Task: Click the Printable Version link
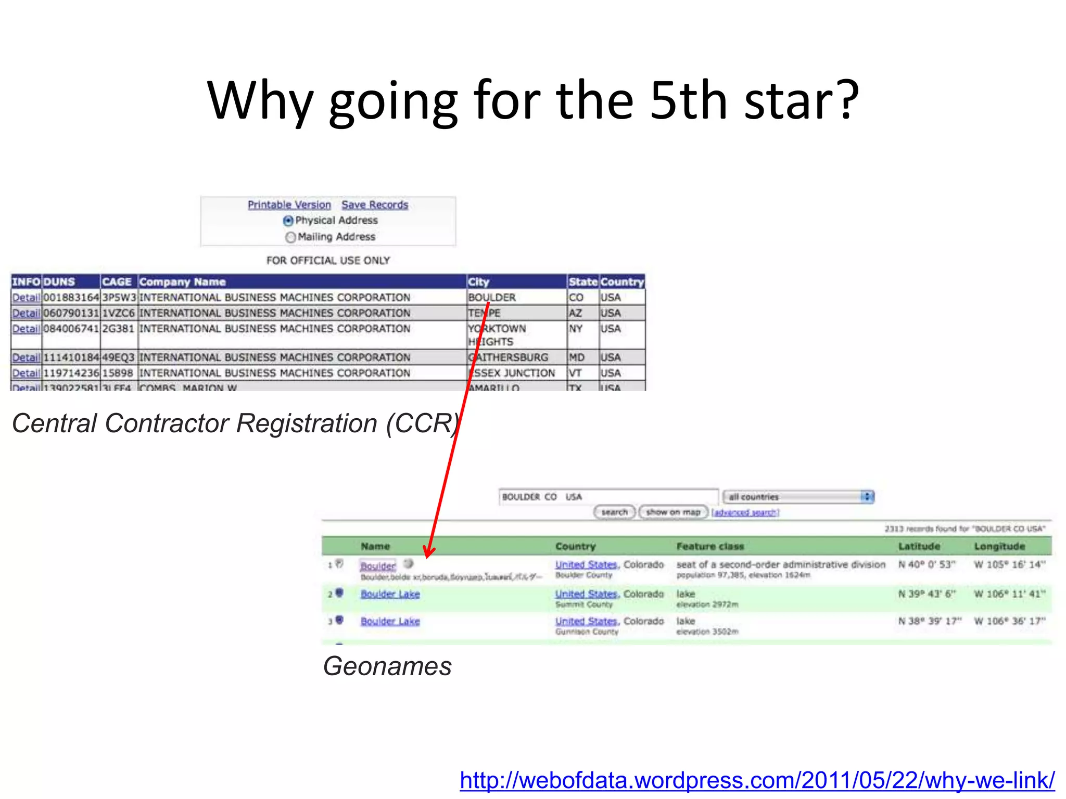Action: (289, 205)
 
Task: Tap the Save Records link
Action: (375, 205)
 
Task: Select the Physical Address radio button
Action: (288, 221)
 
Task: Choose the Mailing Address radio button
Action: (290, 237)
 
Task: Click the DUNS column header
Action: (59, 282)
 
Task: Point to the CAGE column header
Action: (117, 282)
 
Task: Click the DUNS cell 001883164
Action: (71, 298)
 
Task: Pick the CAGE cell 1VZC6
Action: (119, 313)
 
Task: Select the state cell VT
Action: (575, 373)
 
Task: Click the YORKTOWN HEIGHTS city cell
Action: (498, 335)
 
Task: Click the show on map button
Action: (673, 512)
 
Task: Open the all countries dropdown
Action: (798, 497)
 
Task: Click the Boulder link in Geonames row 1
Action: (378, 565)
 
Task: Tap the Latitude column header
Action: (919, 546)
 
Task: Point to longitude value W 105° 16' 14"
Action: (1010, 565)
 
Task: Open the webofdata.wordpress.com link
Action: (757, 780)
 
